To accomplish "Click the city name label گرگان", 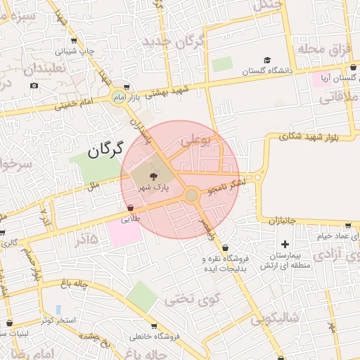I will point(106,149).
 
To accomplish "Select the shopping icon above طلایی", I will point(131,208).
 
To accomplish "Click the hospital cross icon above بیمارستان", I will point(284,244).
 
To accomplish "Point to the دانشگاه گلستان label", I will point(267,71).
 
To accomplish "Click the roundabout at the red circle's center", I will point(191,194).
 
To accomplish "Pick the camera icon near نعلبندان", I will point(34,86).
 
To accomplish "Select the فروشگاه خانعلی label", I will point(159,336).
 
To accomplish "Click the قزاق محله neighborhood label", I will point(322,48).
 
